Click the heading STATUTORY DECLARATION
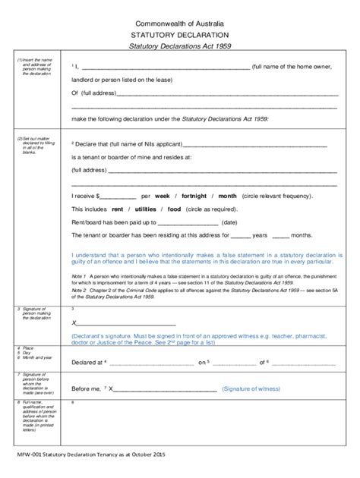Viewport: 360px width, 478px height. coord(181,35)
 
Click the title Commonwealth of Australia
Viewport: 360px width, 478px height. coord(180,22)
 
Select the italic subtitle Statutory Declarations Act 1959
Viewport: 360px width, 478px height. coord(180,48)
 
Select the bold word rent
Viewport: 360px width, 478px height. coord(118,209)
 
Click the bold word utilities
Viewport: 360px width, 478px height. coord(147,209)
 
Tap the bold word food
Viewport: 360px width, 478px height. coord(174,209)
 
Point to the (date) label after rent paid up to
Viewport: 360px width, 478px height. coord(230,222)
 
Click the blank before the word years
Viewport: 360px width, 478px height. coord(239,237)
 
